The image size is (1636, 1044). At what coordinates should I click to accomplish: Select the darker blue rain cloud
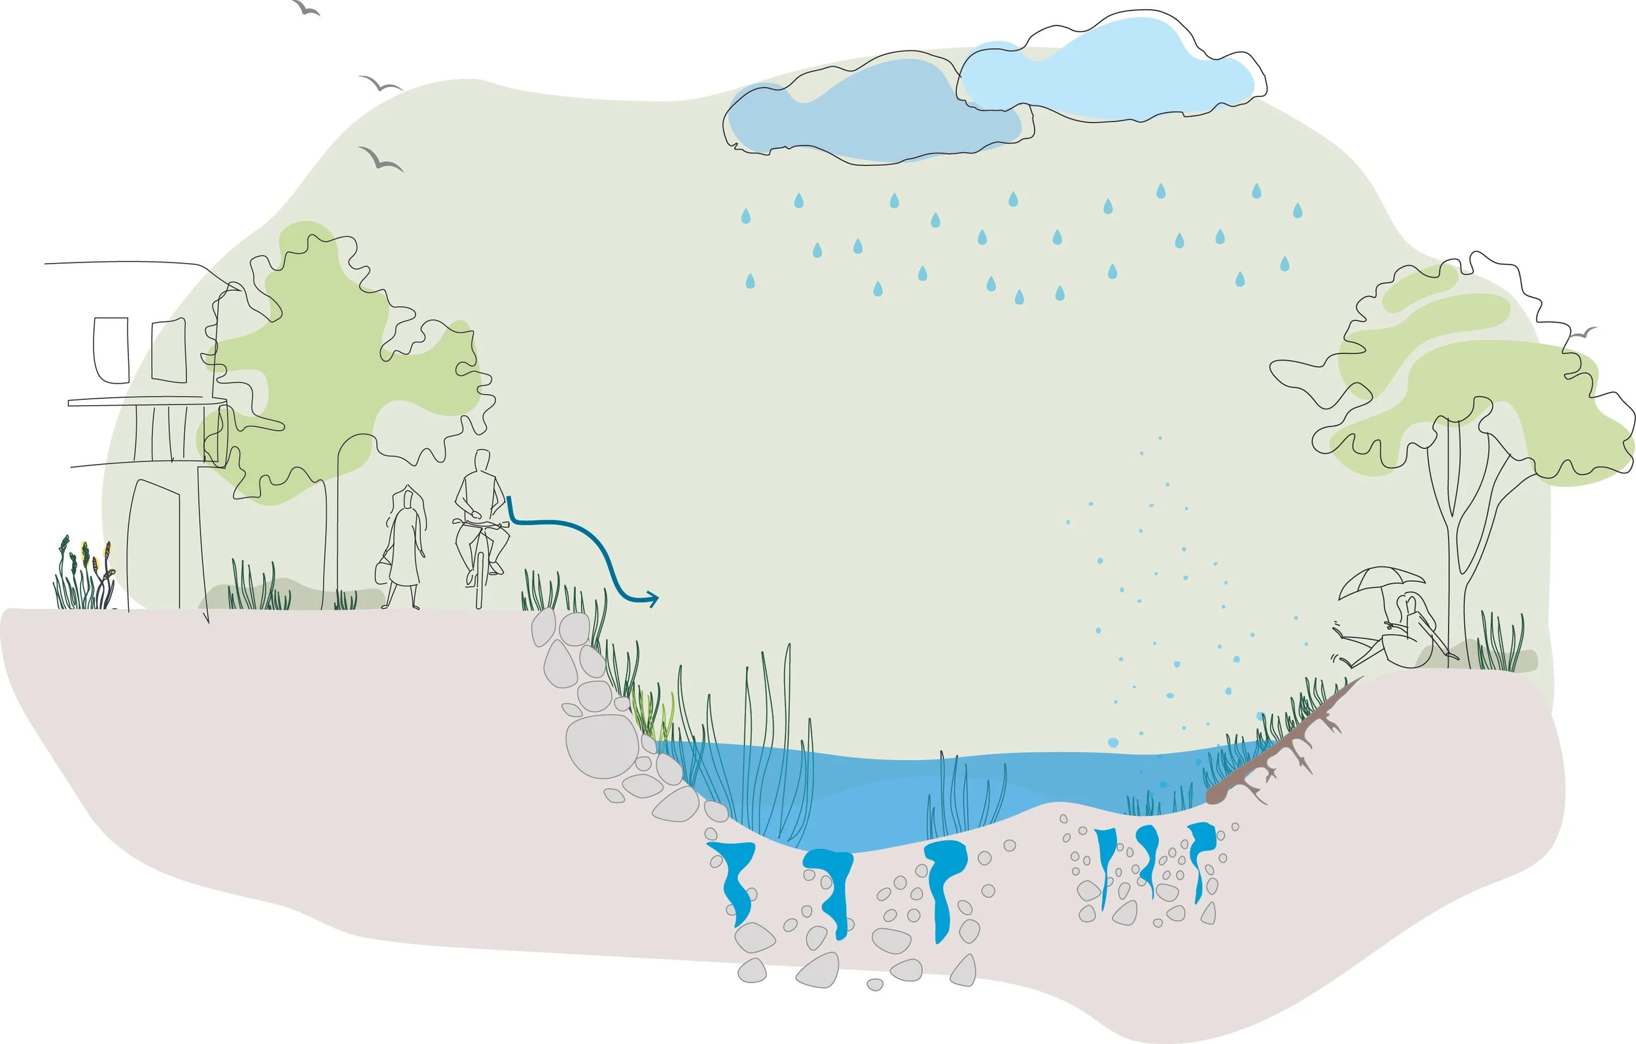pyautogui.click(x=876, y=116)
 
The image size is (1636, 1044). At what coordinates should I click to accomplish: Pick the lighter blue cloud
pyautogui.click(x=1114, y=71)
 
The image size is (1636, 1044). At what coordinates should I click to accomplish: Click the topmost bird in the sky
pyautogui.click(x=305, y=8)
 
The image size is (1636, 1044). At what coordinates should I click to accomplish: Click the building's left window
pyautogui.click(x=111, y=350)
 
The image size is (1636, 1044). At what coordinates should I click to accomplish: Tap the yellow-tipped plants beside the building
pyautogui.click(x=85, y=574)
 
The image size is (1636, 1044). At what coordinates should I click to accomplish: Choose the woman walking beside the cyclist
pyautogui.click(x=406, y=547)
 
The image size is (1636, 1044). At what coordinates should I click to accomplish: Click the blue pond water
pyautogui.click(x=883, y=795)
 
